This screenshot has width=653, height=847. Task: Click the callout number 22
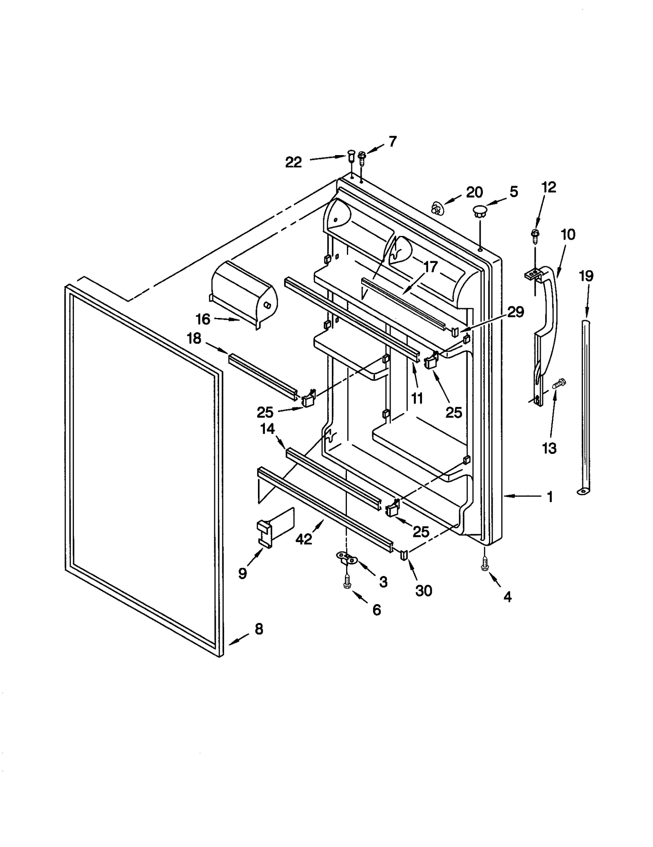293,162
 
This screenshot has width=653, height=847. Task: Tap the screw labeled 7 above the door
361,158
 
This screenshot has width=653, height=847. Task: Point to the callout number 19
586,276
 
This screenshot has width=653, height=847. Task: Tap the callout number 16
203,319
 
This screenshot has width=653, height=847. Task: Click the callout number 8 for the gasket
259,629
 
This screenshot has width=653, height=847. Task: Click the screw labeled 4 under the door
485,566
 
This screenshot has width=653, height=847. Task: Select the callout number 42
304,539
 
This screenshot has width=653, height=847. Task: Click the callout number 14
268,429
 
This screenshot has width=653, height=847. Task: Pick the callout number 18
194,338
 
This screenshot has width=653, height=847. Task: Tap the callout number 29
515,312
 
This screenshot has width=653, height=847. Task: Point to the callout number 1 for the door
550,497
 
